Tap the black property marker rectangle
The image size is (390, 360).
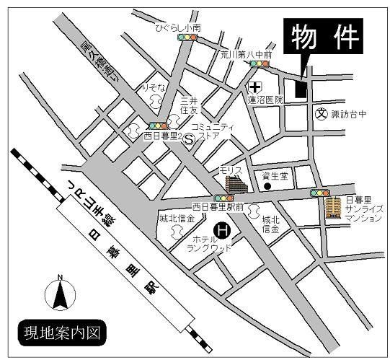[x=300, y=84]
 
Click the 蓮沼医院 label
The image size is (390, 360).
[x=265, y=100]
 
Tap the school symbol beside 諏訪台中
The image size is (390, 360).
[x=321, y=113]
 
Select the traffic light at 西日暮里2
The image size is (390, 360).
[x=161, y=125]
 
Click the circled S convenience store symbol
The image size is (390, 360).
[x=189, y=141]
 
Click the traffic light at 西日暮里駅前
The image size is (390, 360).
[x=222, y=198]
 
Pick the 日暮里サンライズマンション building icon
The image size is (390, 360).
[x=332, y=207]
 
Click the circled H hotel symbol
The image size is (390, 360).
[x=224, y=231]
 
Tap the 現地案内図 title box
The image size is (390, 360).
[x=66, y=333]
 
